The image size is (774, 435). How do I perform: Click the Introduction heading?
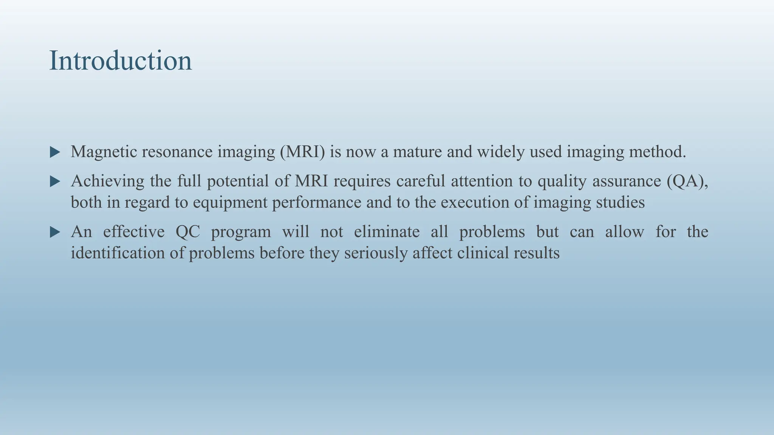pos(121,60)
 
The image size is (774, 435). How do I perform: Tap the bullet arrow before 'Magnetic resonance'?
pos(55,153)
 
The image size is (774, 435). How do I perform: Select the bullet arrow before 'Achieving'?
pos(55,182)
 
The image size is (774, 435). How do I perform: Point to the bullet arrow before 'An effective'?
pos(55,232)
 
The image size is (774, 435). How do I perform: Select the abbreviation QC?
pos(188,232)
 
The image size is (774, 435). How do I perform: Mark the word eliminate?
pos(387,231)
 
